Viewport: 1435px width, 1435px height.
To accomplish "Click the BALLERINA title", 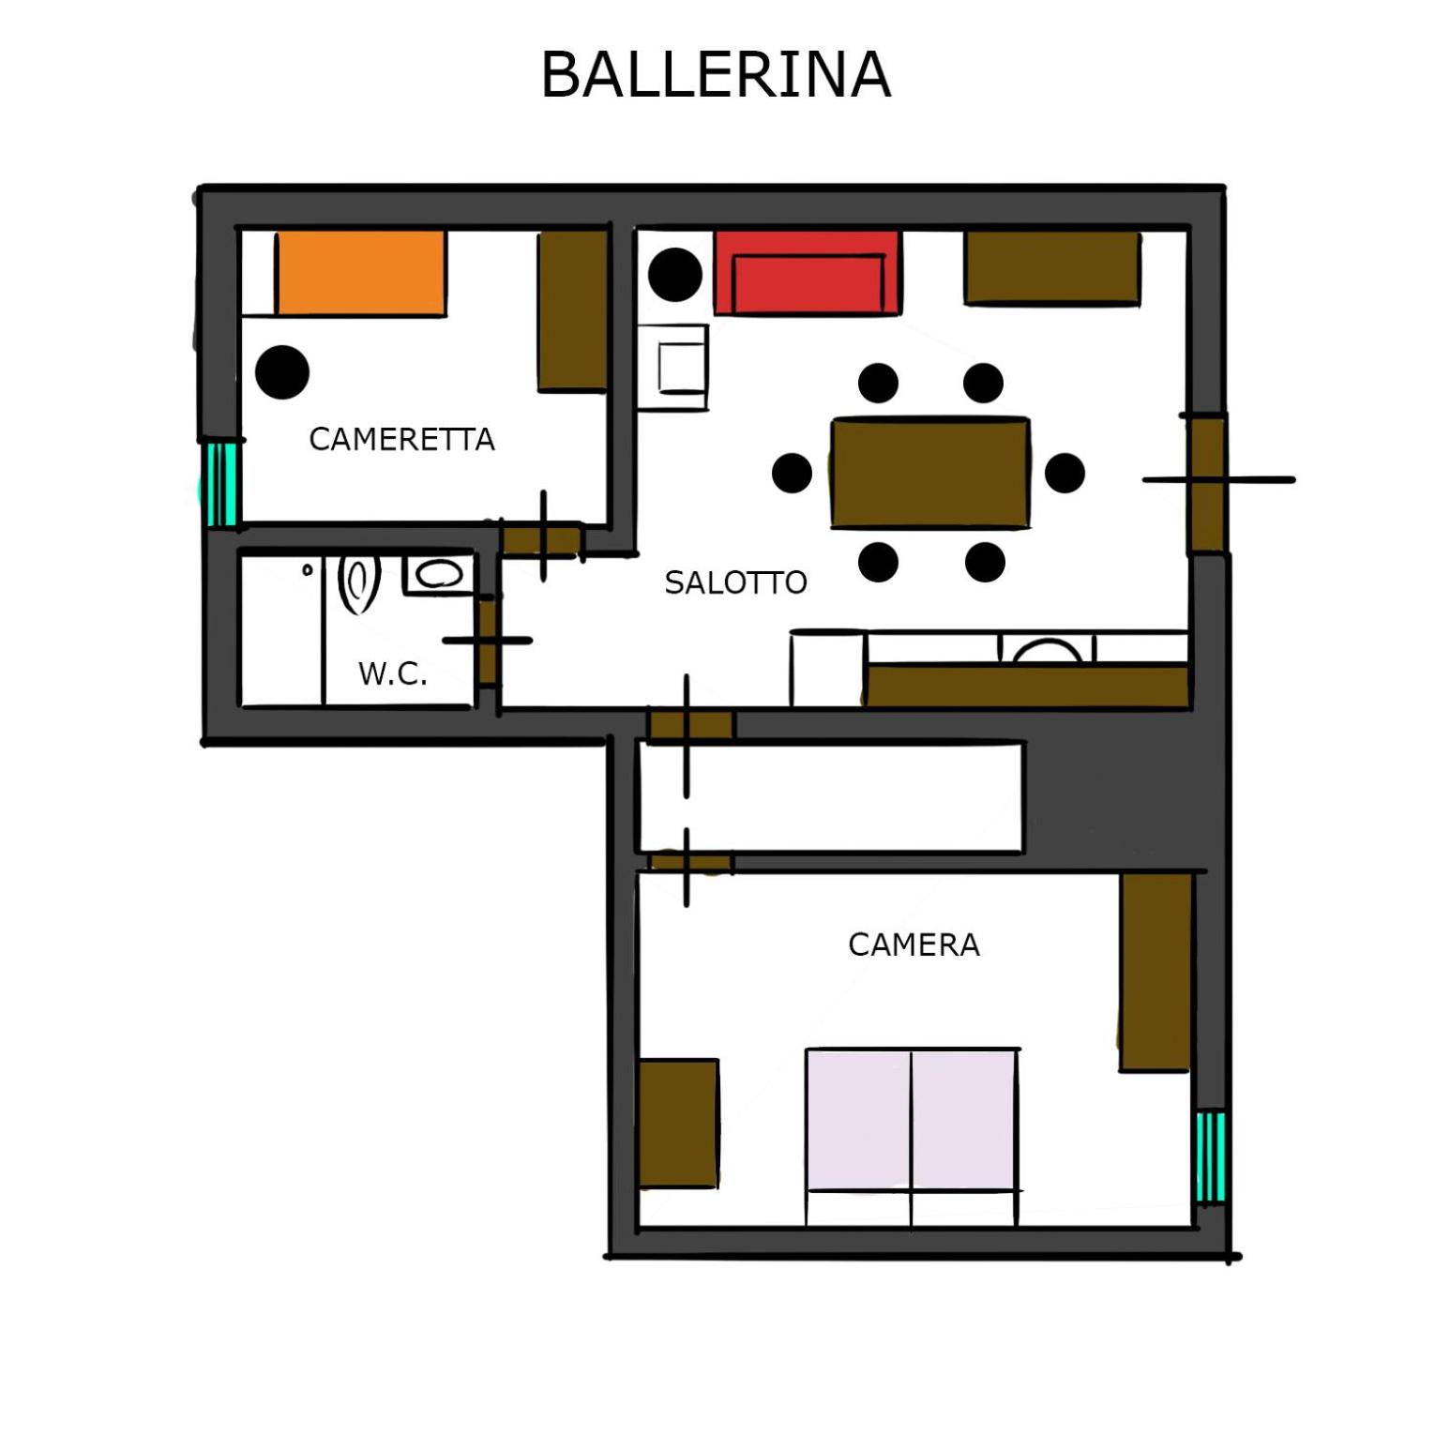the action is pos(716,74).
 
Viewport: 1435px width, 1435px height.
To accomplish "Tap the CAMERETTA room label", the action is pos(401,439).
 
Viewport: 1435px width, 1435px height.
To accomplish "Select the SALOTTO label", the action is pos(735,582).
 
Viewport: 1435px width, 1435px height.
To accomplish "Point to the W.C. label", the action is pos(393,672).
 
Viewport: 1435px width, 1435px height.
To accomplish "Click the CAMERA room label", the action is pos(914,944).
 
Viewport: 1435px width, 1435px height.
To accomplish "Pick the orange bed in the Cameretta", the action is pos(360,273).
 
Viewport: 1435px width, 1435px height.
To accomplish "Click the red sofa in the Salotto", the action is pos(808,273).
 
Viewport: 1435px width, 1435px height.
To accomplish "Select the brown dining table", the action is pos(930,474).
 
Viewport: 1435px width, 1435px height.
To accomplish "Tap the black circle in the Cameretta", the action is pos(282,371).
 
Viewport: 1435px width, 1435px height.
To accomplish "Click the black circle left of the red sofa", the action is pos(675,274).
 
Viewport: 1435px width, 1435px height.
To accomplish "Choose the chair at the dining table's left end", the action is pos(792,473).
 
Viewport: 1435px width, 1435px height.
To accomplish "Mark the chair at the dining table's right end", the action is pos(1065,473).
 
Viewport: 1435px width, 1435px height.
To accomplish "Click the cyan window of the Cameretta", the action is pos(220,484).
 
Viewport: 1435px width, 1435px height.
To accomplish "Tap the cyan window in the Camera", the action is pos(1211,1156).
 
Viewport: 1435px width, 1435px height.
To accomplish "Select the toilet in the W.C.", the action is pos(358,583).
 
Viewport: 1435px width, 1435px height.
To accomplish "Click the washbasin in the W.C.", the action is pos(437,574).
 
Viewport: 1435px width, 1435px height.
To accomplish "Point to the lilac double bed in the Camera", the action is pos(913,1137).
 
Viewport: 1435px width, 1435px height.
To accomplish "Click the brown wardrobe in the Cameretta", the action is pos(572,310).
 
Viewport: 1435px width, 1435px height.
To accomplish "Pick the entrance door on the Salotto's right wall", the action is pos(1208,483).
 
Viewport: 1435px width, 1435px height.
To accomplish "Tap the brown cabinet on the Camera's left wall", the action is pos(679,1124).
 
